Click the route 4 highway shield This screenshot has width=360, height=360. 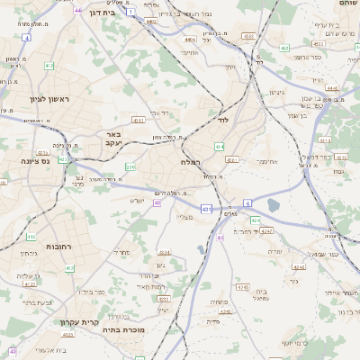pyautogui.click(x=27, y=39)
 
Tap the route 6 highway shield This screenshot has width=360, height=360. pyautogui.click(x=247, y=203)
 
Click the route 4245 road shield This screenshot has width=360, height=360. pyautogui.click(x=241, y=286)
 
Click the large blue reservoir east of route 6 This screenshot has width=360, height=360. pyautogui.click(x=273, y=205)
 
